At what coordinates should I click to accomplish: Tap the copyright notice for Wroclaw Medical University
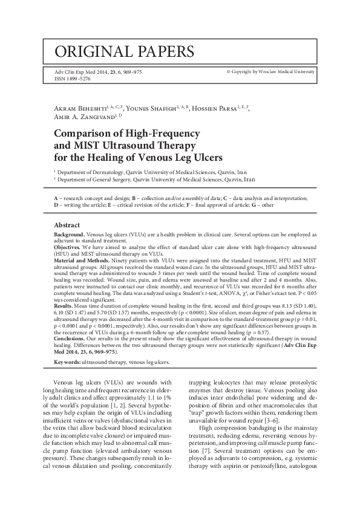(270, 71)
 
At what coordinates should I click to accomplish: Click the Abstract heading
(67, 225)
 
